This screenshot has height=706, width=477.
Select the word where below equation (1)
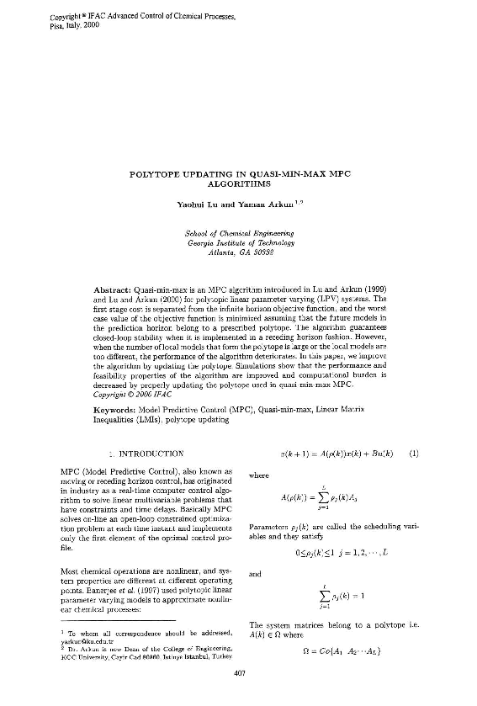(260, 475)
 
